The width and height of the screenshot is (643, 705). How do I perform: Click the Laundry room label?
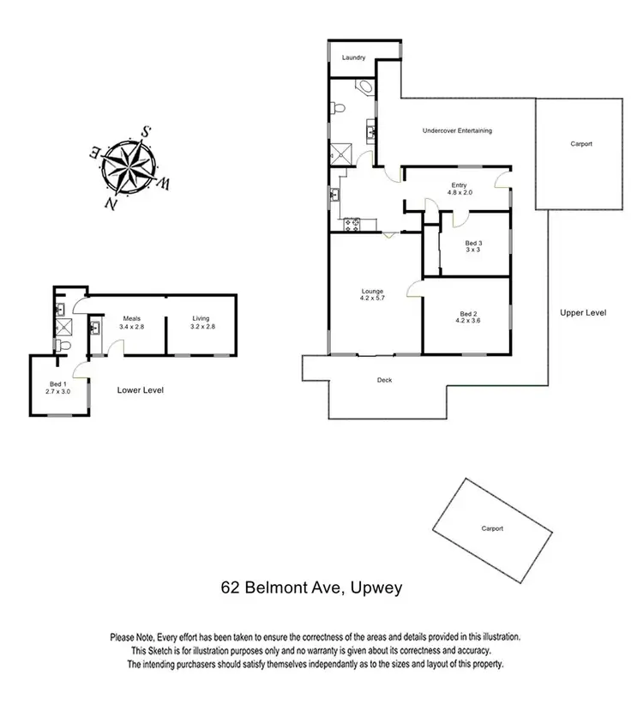pyautogui.click(x=354, y=57)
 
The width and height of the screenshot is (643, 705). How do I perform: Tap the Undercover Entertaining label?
pyautogui.click(x=457, y=131)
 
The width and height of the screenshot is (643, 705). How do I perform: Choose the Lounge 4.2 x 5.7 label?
pyautogui.click(x=372, y=295)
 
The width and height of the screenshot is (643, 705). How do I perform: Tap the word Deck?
pyautogui.click(x=384, y=380)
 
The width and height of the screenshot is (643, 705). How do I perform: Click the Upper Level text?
pyautogui.click(x=583, y=313)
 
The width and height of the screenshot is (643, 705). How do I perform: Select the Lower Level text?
pyautogui.click(x=140, y=390)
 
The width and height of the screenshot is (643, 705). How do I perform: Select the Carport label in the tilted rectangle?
pyautogui.click(x=491, y=528)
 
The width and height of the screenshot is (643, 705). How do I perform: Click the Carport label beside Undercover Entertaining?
pyautogui.click(x=581, y=144)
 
